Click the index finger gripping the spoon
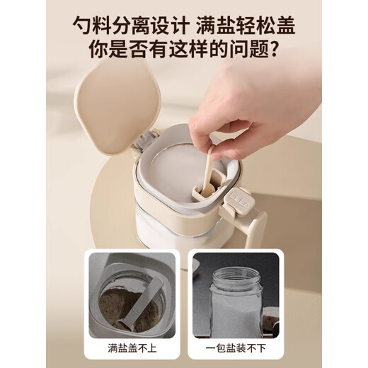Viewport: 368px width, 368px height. pos(234,113)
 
